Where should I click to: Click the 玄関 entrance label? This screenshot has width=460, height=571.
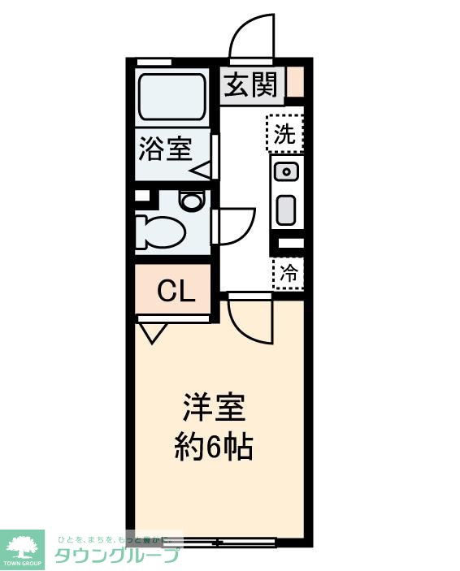tap(251, 84)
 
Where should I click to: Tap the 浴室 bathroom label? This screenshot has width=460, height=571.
tap(165, 149)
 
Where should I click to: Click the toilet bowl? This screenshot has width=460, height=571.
tap(162, 230)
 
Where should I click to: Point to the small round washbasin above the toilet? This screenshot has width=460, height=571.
tap(192, 201)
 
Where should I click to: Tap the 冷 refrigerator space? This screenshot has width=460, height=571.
tap(288, 274)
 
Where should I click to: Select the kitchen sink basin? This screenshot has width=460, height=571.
tap(286, 172)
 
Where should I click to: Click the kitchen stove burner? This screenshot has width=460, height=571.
tap(285, 210)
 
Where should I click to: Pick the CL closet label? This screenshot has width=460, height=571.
tap(176, 291)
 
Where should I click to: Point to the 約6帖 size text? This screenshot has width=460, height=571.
tap(214, 446)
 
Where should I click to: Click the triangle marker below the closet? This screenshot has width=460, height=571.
tap(153, 331)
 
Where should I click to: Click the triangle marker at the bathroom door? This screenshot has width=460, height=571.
tap(202, 171)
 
